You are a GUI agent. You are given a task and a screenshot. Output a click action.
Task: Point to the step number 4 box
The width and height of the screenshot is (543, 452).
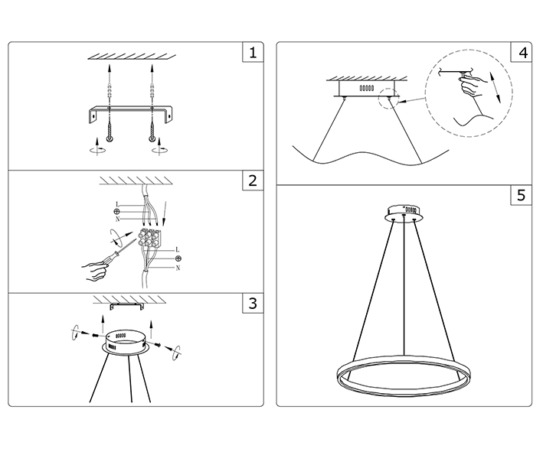click(522, 53)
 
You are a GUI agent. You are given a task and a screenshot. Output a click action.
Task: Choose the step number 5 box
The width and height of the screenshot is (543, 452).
click(522, 195)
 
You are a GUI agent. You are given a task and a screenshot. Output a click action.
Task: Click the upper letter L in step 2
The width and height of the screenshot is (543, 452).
click(116, 203)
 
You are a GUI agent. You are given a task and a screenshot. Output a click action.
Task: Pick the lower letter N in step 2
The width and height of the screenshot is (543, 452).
click(178, 268)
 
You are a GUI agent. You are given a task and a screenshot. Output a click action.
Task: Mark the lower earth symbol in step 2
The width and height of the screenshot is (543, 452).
click(178, 259)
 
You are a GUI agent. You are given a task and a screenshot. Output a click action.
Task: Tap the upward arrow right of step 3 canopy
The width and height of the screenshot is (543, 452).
click(152, 330)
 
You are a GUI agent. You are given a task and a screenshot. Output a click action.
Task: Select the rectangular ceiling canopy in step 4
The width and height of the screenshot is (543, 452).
click(365, 87)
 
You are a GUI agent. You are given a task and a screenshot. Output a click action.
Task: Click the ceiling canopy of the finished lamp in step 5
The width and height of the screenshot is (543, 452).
click(406, 209)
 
